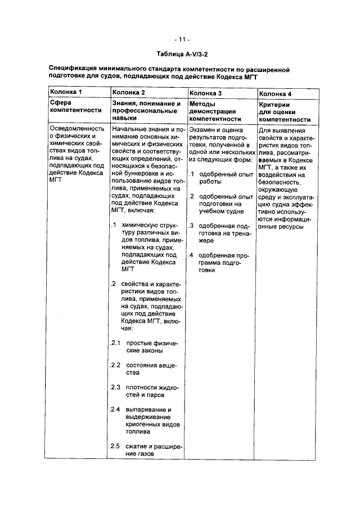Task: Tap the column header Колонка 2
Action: pos(129,92)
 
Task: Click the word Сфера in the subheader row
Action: pos(60,103)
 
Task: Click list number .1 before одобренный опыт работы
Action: pos(192,174)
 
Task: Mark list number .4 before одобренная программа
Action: pos(192,255)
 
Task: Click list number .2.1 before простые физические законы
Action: pos(115,343)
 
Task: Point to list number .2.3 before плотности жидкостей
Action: pos(115,387)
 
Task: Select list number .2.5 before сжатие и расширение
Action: pos(115,447)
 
